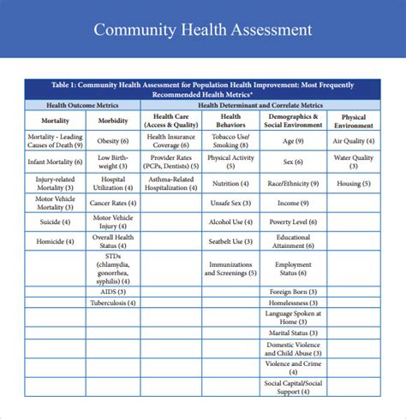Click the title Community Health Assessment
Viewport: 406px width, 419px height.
[x=203, y=30]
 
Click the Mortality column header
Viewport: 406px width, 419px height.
[x=56, y=121]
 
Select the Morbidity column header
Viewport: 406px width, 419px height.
[x=114, y=121]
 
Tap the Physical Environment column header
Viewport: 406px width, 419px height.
[x=353, y=121]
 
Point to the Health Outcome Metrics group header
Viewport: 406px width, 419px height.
[x=83, y=104]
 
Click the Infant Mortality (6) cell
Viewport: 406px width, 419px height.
[x=56, y=162]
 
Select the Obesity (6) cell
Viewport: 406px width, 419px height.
[x=114, y=141]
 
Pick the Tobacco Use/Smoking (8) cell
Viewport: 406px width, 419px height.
[x=230, y=141]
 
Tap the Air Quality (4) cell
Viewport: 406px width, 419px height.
[x=353, y=141]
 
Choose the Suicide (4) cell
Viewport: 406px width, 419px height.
[x=56, y=221]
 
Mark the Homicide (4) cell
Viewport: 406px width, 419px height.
[x=56, y=242]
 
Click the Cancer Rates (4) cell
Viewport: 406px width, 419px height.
[x=114, y=203]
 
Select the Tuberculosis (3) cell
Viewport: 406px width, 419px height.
[x=114, y=303]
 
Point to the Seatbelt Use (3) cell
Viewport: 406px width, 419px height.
[x=230, y=242]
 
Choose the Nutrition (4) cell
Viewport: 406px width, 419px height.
[x=230, y=183]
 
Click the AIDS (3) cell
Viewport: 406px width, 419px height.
[x=114, y=291]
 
